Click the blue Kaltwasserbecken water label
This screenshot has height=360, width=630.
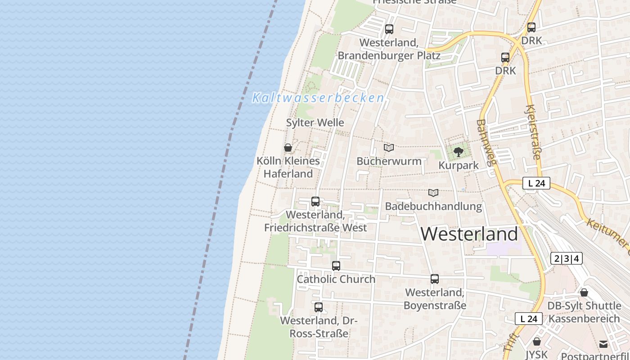318,98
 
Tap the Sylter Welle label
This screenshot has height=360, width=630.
315,122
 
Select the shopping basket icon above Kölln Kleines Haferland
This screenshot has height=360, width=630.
288,148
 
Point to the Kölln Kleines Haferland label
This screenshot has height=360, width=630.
288,167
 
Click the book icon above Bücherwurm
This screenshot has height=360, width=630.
389,148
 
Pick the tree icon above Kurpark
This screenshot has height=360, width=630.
459,152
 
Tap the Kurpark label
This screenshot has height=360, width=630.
459,166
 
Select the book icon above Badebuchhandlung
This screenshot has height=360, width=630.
433,193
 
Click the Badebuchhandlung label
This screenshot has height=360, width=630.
433,207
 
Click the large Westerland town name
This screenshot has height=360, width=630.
469,234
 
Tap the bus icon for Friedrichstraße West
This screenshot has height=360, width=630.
315,202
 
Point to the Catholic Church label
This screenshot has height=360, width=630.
336,279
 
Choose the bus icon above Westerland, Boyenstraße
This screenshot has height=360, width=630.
434,279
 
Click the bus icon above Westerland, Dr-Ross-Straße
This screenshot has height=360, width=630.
319,307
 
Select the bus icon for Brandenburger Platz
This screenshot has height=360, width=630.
389,29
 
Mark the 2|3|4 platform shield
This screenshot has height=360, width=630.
566,258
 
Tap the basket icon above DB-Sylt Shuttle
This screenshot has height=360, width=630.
584,293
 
